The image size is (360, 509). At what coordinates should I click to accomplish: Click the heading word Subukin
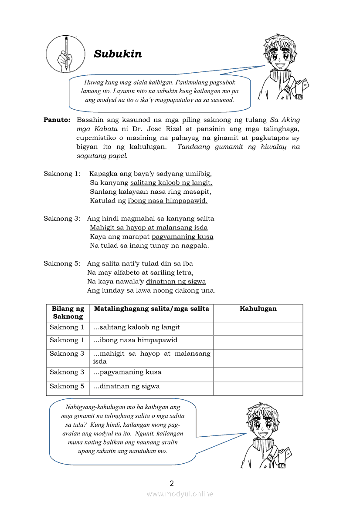point(118,54)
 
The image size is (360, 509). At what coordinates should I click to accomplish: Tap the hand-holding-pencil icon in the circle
point(65,54)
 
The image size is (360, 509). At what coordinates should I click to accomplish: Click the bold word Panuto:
point(57,120)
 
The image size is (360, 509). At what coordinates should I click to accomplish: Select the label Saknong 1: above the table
point(62,174)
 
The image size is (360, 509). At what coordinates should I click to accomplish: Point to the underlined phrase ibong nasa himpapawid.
point(167,201)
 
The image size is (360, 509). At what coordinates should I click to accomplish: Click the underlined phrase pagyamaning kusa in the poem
point(182,237)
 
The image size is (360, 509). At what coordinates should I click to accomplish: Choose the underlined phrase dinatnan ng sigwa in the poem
point(176,282)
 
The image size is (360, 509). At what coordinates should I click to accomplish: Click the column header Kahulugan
point(258,309)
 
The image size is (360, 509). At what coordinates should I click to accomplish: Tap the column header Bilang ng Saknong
point(68,313)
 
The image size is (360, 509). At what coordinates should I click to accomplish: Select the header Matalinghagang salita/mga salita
point(151,309)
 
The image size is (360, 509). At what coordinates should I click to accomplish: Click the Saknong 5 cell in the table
point(67,386)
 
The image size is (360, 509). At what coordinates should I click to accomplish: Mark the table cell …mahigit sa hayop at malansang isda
point(151,357)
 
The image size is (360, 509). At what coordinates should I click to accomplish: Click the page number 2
point(172,483)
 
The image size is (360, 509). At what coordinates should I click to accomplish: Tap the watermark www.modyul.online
point(180,494)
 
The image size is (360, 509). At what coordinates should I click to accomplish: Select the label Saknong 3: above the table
point(62,219)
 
